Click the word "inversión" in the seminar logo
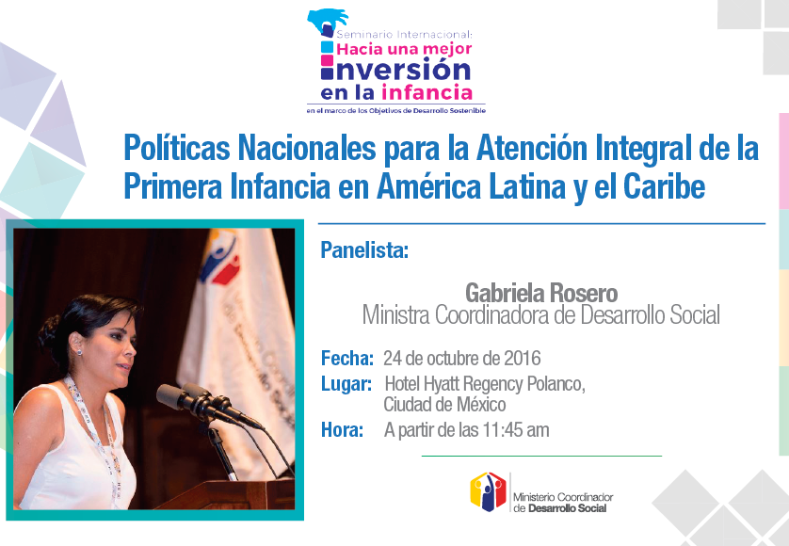tap(395, 70)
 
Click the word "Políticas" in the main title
tap(177, 148)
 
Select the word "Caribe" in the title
tap(664, 186)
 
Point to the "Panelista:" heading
tap(364, 250)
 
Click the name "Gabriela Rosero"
tap(541, 293)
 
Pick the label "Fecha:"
tap(347, 359)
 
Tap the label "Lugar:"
tap(346, 383)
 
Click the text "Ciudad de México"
tap(444, 404)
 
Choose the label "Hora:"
tap(342, 430)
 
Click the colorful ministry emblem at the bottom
tap(488, 491)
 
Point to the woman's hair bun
tap(50, 332)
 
